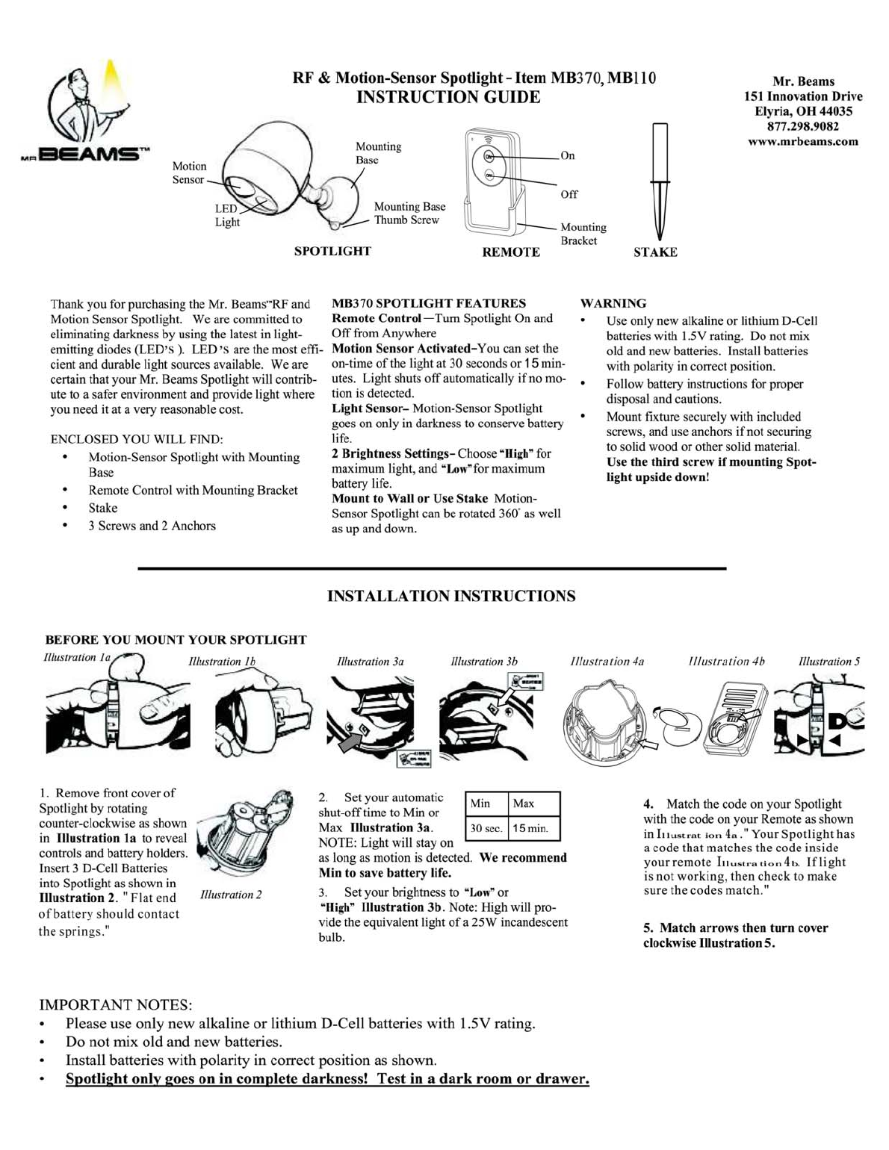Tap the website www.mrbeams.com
pos(803,141)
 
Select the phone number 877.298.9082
pos(803,126)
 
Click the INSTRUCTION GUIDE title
pos(448,97)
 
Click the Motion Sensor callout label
pos(189,172)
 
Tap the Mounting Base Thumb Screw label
pos(409,213)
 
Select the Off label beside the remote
pos(569,194)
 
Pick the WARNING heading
pos(613,303)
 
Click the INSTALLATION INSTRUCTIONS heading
pos(451,596)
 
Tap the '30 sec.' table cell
pos(486,828)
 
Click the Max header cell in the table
pos(524,804)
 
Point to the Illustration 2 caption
pos(231,895)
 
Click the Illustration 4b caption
pos(726,661)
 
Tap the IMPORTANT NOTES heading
pos(115,1004)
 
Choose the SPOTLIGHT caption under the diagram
pos(332,251)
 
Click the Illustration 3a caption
pos(371,662)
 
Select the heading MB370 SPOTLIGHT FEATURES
pos(429,303)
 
